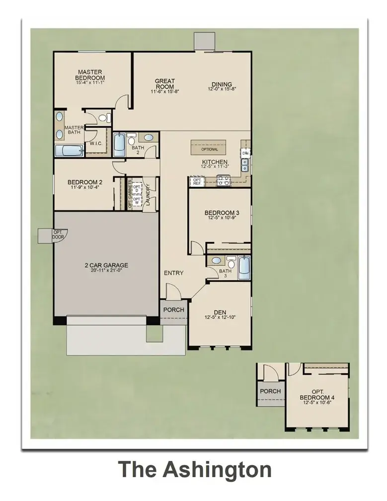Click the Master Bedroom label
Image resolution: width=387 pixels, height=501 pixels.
[x=90, y=75]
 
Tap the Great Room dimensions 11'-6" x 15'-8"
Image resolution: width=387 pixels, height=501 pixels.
[x=164, y=91]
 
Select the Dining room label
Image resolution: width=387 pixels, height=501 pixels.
[x=221, y=84]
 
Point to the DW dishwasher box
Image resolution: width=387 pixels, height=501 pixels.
[x=245, y=153]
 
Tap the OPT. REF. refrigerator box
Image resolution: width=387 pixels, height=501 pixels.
[x=197, y=182]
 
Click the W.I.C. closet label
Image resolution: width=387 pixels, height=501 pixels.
[x=96, y=144]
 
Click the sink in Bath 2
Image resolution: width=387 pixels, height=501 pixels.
[x=149, y=138]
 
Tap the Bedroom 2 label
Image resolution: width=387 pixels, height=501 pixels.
[x=85, y=182]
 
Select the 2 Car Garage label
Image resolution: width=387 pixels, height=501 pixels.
[x=106, y=265]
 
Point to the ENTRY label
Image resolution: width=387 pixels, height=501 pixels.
[x=173, y=273]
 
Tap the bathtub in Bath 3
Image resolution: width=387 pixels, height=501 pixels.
[x=243, y=268]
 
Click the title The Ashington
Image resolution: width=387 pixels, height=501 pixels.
[x=194, y=470]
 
